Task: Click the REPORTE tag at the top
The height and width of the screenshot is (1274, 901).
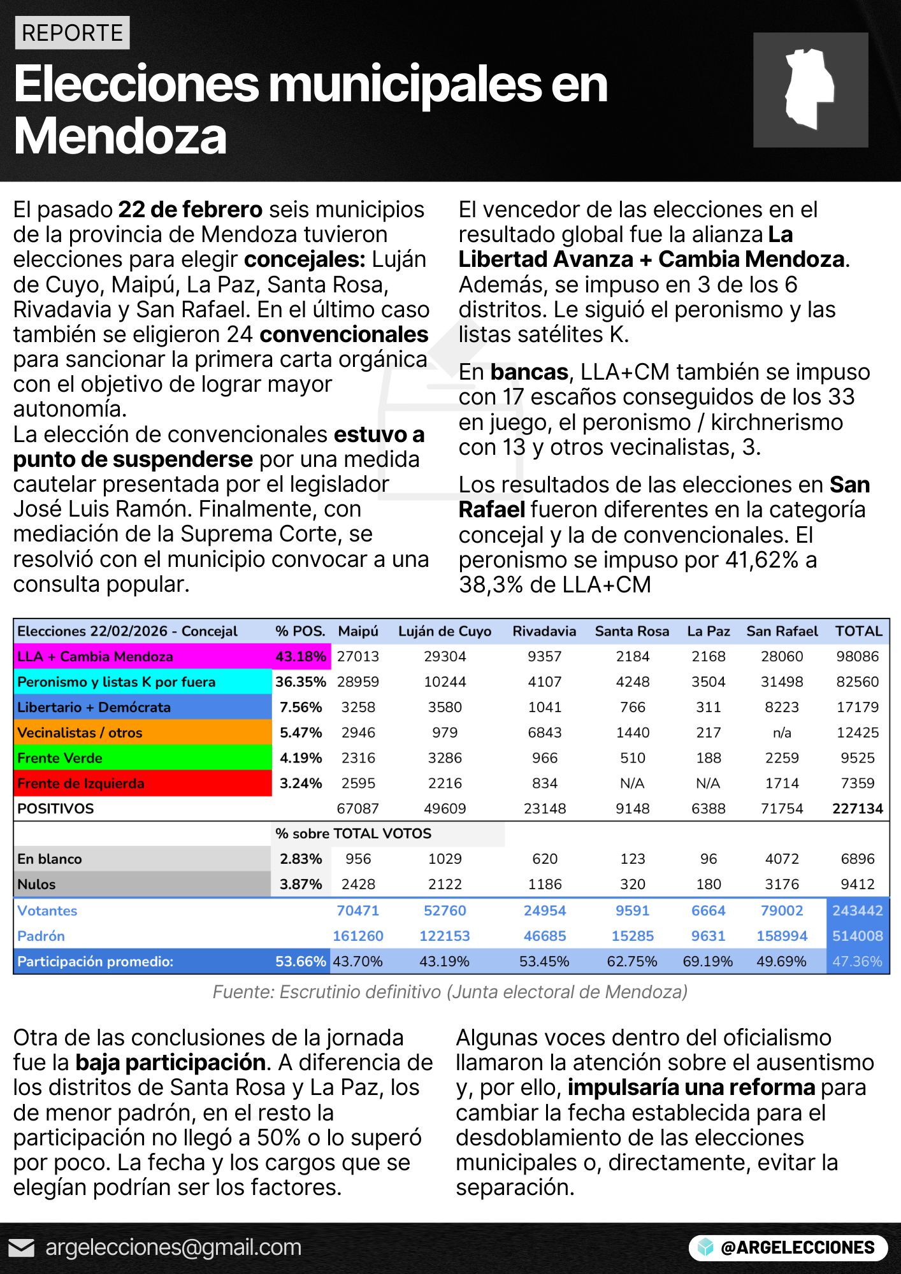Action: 72,33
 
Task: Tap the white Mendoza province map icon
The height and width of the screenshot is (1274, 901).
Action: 809,89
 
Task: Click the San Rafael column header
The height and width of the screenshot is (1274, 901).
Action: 782,631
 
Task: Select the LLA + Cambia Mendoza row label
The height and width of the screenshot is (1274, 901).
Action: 96,657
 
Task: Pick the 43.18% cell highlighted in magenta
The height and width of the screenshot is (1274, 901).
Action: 301,657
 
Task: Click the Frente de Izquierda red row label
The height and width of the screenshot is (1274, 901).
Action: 81,784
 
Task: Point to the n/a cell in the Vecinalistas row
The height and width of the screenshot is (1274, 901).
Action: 782,733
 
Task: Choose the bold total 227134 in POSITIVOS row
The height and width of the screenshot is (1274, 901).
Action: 858,809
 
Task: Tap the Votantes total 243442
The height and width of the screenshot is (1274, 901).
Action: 858,911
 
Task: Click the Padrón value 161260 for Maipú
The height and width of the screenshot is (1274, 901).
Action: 358,936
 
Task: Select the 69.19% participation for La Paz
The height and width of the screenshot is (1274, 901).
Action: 708,962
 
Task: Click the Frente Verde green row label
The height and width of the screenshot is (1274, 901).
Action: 60,758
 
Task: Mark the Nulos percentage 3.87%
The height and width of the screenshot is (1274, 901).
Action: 301,885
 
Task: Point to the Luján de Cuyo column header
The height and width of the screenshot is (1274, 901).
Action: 445,631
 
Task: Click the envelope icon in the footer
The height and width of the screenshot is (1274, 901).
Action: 22,1248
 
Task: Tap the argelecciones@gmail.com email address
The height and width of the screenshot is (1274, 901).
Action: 173,1248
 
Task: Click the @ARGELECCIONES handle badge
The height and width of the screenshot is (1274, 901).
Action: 788,1248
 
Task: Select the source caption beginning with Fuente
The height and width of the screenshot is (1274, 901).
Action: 450,992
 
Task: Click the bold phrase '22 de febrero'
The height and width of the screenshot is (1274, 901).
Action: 191,210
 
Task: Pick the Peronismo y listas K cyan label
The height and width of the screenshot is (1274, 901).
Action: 116,682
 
